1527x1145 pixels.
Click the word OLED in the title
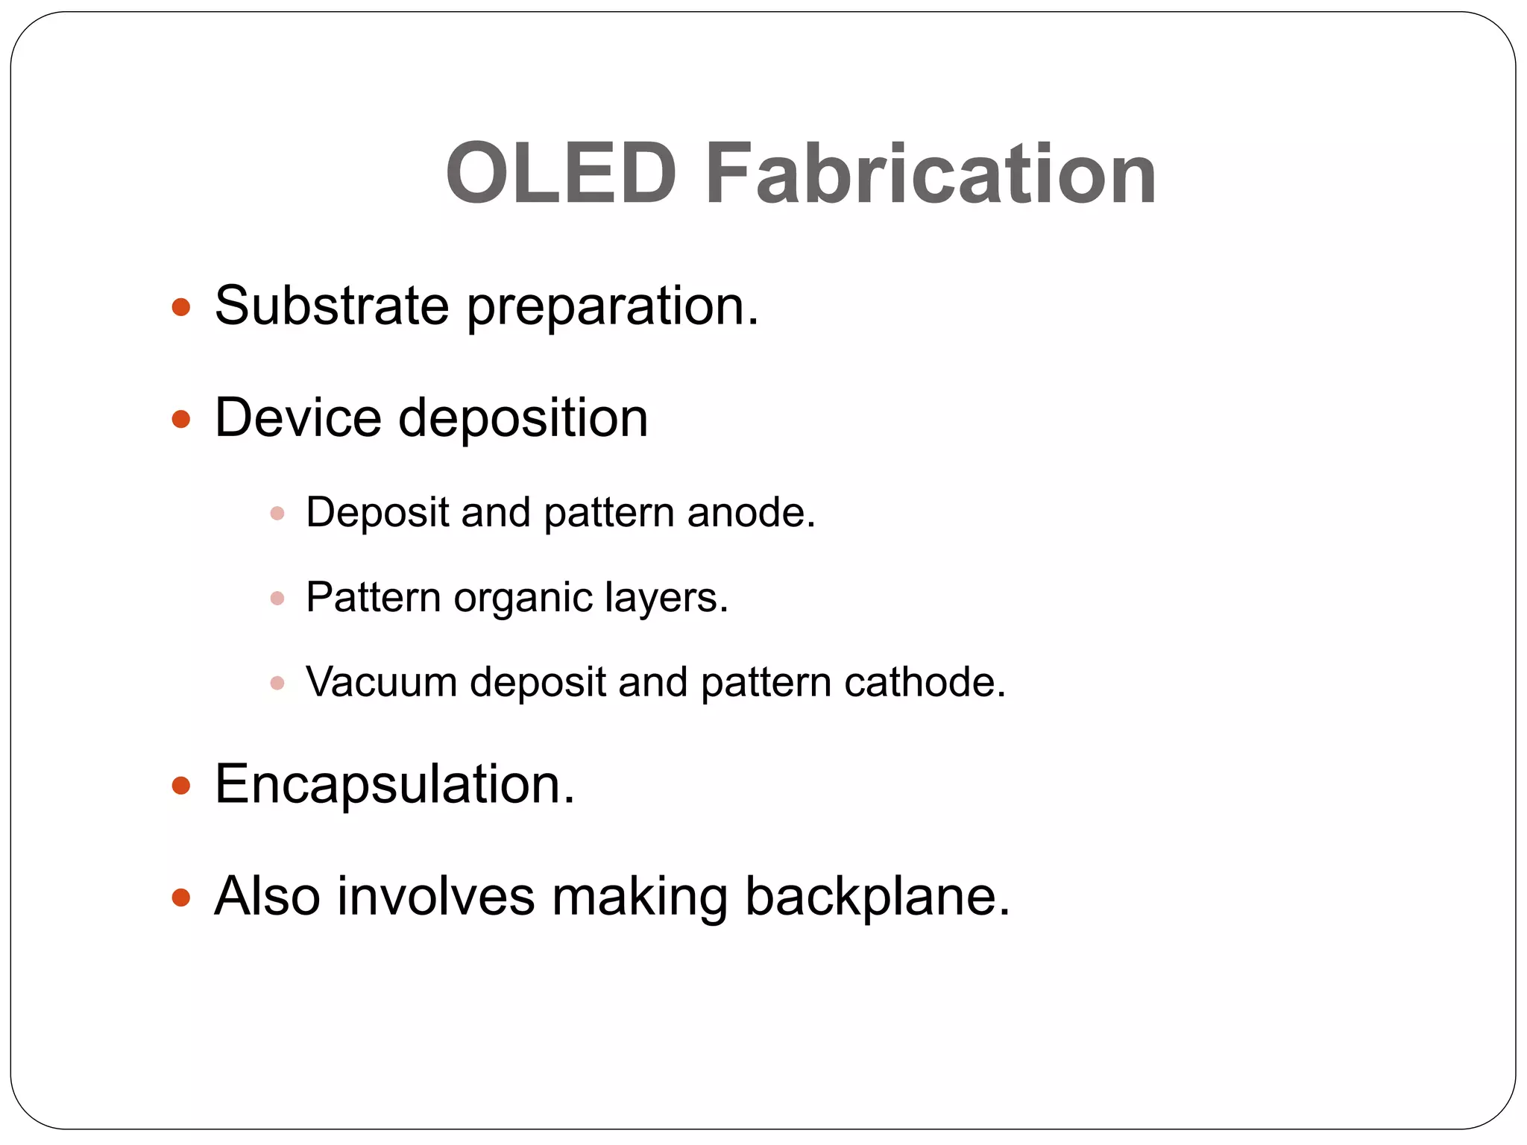(x=561, y=174)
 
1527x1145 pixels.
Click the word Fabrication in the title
(x=930, y=174)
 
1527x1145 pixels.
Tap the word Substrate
(x=332, y=306)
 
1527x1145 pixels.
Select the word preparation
(x=611, y=307)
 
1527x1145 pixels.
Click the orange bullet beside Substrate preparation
(x=181, y=307)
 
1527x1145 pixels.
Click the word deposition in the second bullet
(x=523, y=419)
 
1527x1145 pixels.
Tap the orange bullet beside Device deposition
(x=181, y=419)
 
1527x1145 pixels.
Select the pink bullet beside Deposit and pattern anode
(x=277, y=514)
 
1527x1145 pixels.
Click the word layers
(x=666, y=599)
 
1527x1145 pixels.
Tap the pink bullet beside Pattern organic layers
(x=277, y=599)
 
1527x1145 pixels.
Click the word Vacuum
(x=382, y=682)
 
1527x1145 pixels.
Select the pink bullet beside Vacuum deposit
(x=277, y=683)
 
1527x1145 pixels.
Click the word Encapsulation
(x=394, y=785)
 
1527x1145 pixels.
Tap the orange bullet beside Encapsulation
(x=181, y=785)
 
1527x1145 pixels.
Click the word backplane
(x=877, y=896)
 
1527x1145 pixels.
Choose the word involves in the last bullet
(x=435, y=896)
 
